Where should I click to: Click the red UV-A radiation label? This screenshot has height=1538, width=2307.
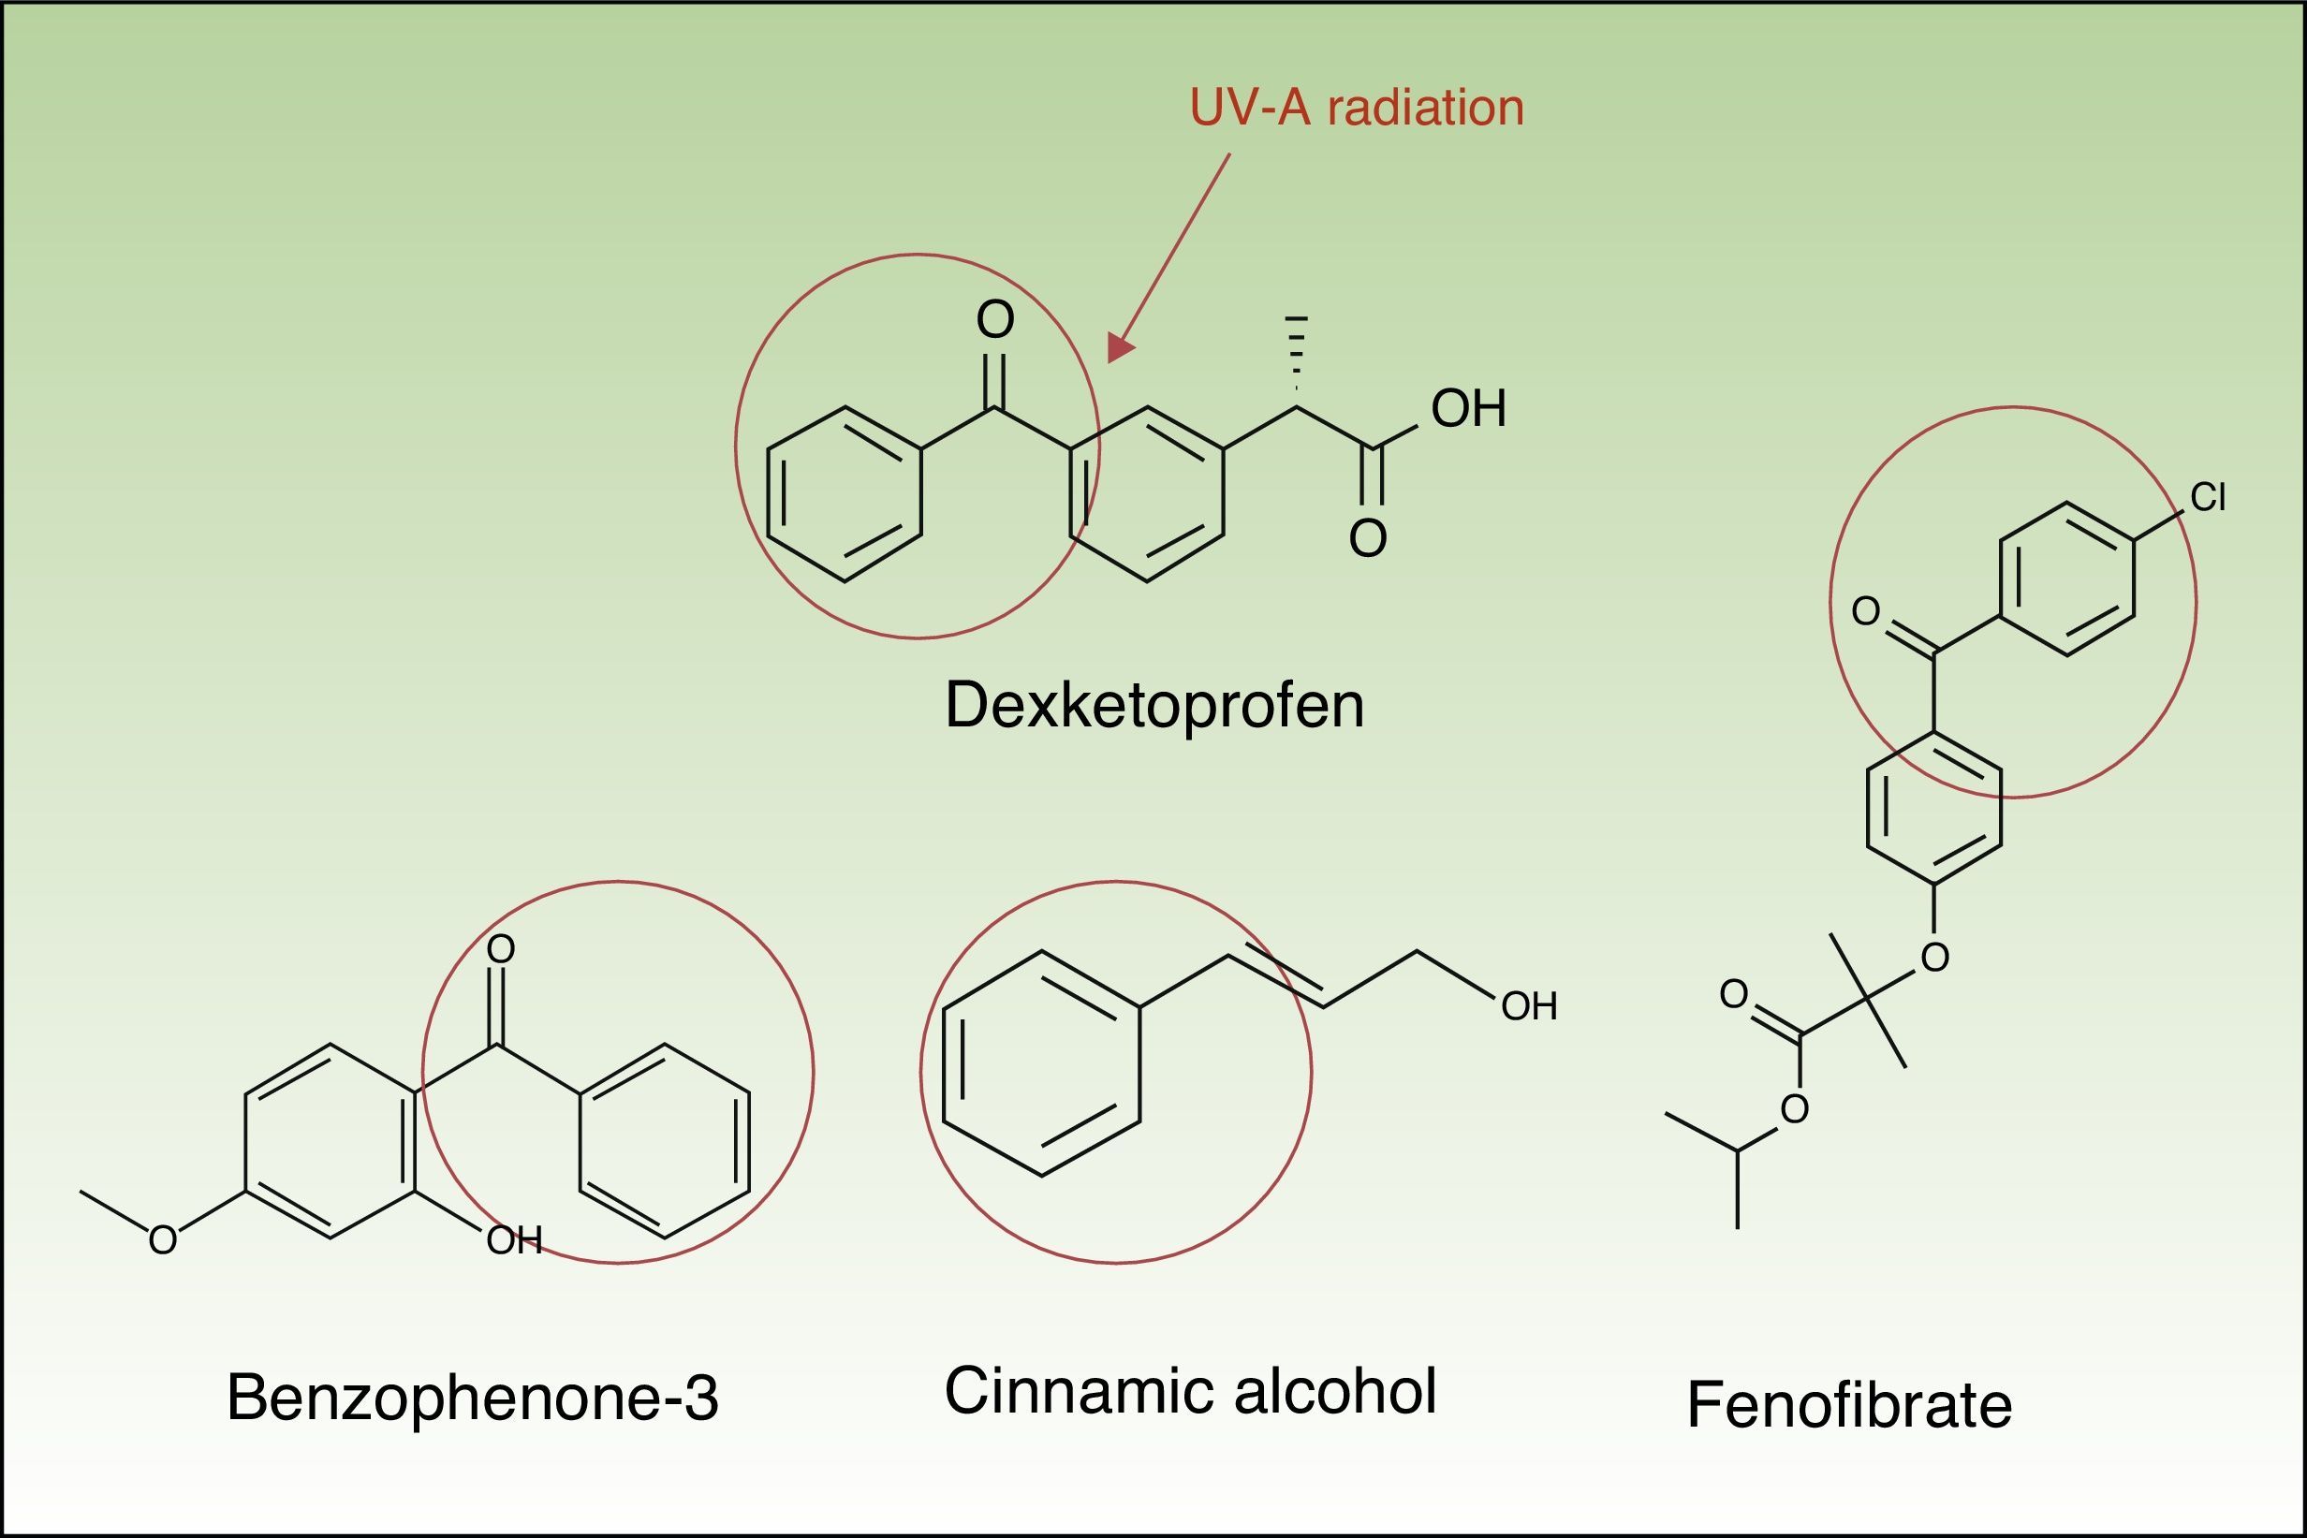click(x=1357, y=108)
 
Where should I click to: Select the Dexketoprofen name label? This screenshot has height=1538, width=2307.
click(x=1154, y=704)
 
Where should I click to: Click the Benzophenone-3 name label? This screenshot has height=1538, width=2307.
click(x=473, y=1397)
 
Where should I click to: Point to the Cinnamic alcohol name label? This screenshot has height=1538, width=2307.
click(x=1190, y=1390)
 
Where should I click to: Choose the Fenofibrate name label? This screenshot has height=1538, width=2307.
click(x=1849, y=1404)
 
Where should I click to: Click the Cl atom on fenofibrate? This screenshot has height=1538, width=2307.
click(x=2207, y=497)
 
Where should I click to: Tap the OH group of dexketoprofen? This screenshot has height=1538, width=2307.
click(x=1467, y=409)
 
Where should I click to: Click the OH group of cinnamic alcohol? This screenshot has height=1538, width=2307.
click(x=1529, y=1006)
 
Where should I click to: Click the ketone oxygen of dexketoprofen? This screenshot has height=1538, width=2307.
click(x=994, y=320)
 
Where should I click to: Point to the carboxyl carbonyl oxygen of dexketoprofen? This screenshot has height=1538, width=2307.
click(x=1367, y=538)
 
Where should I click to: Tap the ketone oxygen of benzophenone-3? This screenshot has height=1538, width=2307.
click(x=500, y=948)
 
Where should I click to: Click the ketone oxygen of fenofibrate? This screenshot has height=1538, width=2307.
click(x=1866, y=611)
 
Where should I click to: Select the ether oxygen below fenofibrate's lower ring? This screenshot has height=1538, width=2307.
click(x=1934, y=958)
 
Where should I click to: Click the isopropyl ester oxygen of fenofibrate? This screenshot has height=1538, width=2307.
click(x=1794, y=1109)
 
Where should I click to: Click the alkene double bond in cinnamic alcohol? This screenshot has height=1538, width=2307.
click(x=1275, y=977)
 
